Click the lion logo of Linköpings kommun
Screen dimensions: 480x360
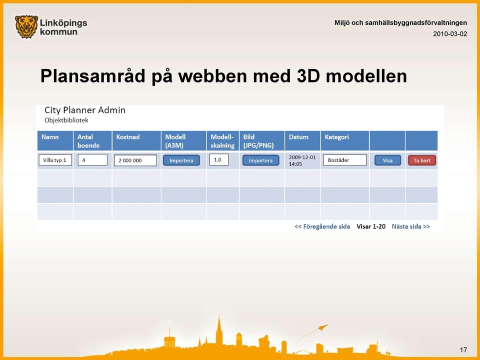coord(26,27)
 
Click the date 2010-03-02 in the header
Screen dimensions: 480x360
coord(450,34)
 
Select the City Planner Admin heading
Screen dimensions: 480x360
coord(85,110)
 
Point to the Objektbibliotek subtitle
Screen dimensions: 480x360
coord(66,120)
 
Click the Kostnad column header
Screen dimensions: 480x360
coord(127,137)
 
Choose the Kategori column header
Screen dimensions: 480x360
coord(336,137)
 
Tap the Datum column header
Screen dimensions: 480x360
coord(298,137)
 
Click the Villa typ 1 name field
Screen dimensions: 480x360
coord(55,160)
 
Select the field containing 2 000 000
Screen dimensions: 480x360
coord(135,160)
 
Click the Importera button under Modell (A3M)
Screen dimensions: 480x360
coord(181,160)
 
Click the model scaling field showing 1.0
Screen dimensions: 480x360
coord(219,159)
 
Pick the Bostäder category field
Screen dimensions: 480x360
coord(345,160)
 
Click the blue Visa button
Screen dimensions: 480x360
coord(387,160)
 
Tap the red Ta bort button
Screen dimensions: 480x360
coord(422,160)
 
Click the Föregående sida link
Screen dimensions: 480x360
coord(322,226)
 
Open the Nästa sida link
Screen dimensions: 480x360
coord(411,226)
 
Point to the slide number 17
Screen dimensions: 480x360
coord(463,349)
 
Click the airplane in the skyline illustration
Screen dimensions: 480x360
coord(322,327)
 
